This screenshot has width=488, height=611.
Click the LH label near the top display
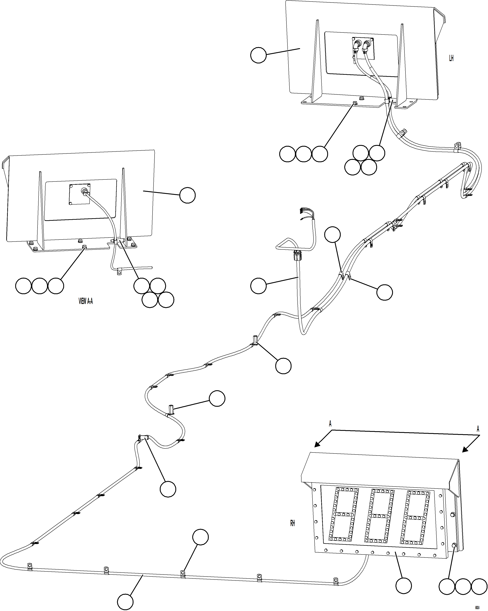(x=451, y=58)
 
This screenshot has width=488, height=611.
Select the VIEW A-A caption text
(x=86, y=301)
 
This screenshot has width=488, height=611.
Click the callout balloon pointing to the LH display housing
(x=258, y=55)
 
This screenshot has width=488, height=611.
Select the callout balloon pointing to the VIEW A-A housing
(x=188, y=195)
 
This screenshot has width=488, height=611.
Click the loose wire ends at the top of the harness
(x=302, y=213)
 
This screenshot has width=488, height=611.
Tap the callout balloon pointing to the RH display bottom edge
(x=403, y=586)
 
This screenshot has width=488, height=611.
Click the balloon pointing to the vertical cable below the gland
(x=258, y=286)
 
